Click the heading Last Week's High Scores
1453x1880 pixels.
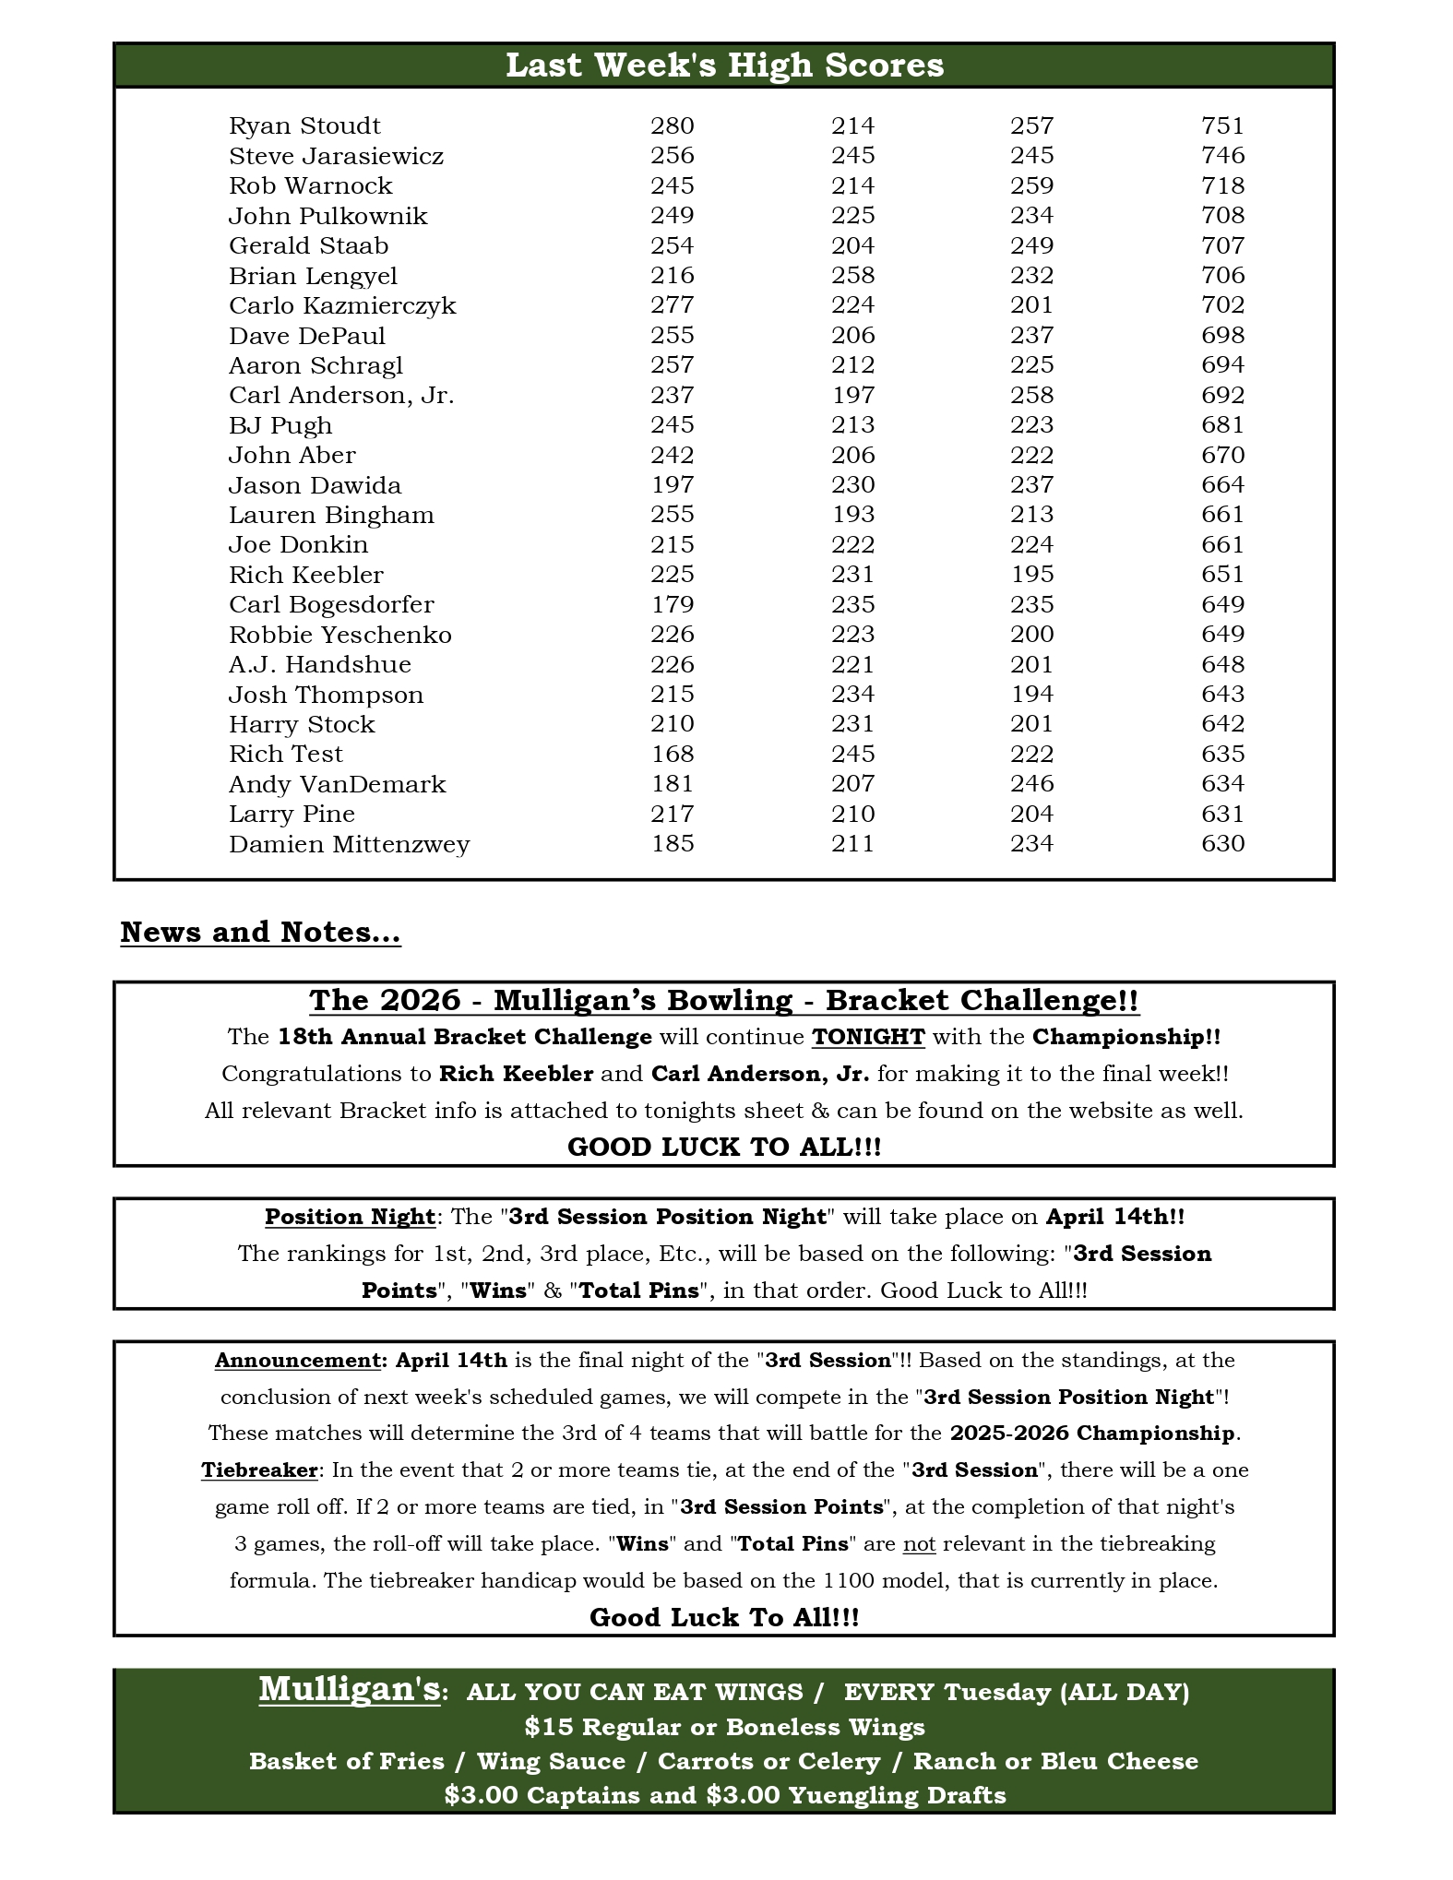[724, 65]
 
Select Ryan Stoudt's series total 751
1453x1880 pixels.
[1222, 125]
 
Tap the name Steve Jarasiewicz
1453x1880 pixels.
[336, 156]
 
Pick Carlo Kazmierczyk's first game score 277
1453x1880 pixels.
[672, 305]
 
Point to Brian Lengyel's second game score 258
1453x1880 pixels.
[852, 276]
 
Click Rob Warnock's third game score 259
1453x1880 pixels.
[1031, 185]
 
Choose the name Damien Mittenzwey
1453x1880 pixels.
[349, 844]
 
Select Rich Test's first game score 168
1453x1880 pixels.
[672, 754]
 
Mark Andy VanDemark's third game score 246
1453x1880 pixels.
[1031, 784]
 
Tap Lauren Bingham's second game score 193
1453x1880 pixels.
[852, 515]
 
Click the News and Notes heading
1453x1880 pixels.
[260, 933]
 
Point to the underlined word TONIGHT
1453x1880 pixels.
[868, 1037]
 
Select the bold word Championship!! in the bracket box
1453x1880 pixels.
[1126, 1037]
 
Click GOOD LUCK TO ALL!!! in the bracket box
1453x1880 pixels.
[724, 1147]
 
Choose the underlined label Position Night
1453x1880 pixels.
[350, 1217]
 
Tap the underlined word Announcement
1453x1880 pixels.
[297, 1361]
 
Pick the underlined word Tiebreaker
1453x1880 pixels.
[259, 1470]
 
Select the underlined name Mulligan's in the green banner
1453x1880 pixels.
[349, 1689]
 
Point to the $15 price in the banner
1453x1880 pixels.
[548, 1727]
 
